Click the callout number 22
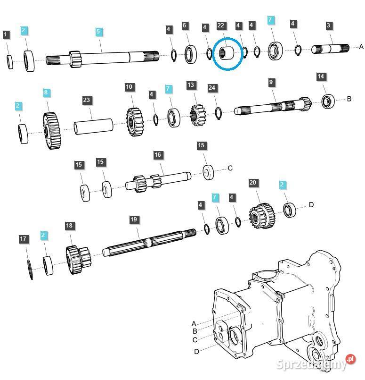[x=221, y=25]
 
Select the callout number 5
[x=98, y=32]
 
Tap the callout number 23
[x=86, y=100]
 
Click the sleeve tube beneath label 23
[x=93, y=128]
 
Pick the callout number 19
[x=134, y=220]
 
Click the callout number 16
[x=158, y=155]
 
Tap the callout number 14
[x=321, y=76]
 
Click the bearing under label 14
[x=328, y=101]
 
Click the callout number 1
[x=6, y=34]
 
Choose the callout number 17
[x=23, y=239]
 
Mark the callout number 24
[x=212, y=88]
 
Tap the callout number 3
[x=329, y=25]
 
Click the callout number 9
[x=271, y=82]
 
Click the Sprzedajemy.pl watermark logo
[x=315, y=364]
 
